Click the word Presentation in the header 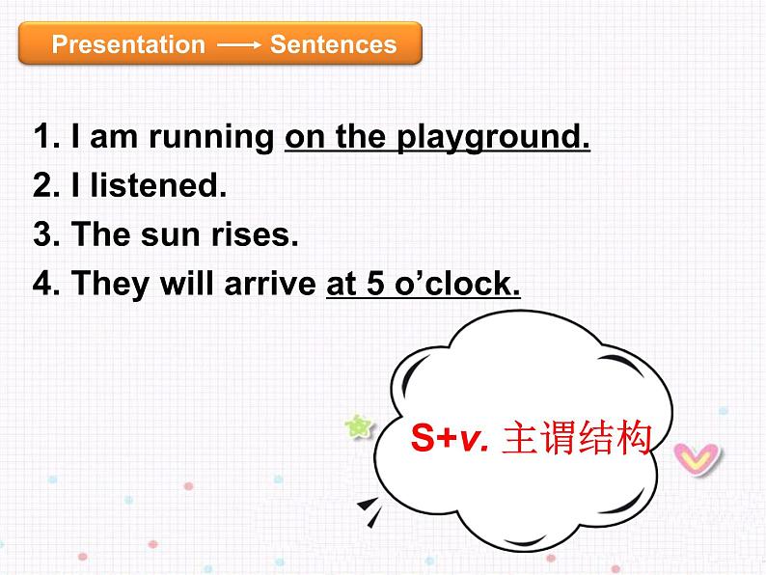(x=128, y=45)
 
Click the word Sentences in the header (x=333, y=45)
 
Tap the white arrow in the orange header (x=237, y=45)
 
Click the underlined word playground (x=492, y=138)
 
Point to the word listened (x=158, y=185)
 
